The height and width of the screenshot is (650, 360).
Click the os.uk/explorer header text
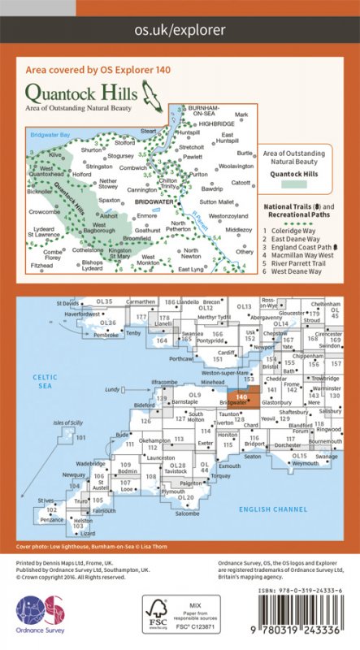180,30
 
